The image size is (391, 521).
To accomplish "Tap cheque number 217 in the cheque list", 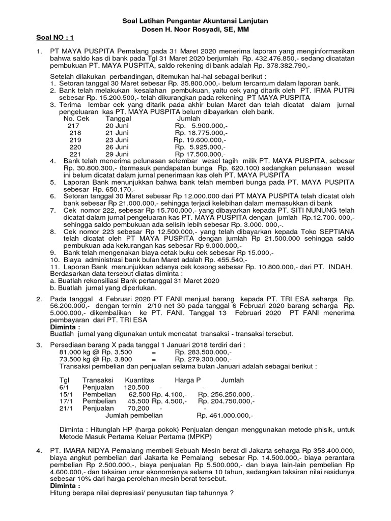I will (73, 125).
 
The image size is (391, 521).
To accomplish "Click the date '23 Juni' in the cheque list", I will (117, 139).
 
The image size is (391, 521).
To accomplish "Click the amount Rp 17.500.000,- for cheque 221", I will (200, 154).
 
